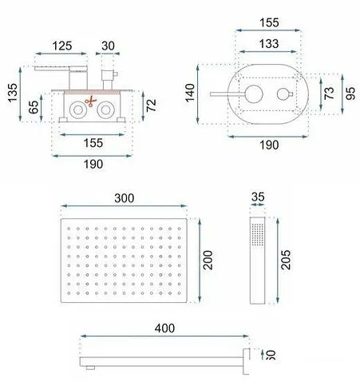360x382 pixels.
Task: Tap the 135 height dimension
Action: coord(11,93)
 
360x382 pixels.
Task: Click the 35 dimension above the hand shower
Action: coord(259,196)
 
